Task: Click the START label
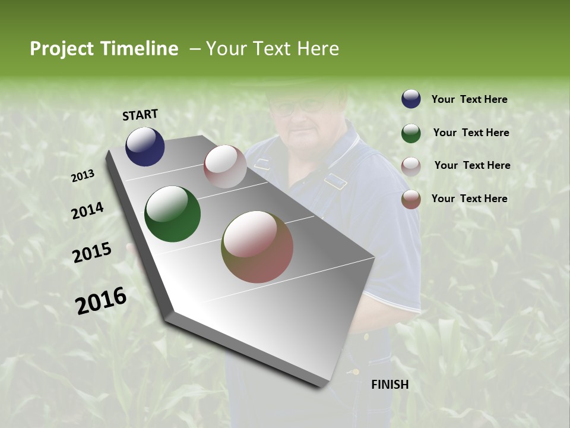(x=140, y=115)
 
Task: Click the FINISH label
(x=389, y=385)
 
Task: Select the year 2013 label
(x=83, y=176)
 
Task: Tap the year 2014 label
(x=87, y=211)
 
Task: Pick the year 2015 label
(x=91, y=253)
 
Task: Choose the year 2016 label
(x=101, y=300)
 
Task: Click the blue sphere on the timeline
(x=145, y=147)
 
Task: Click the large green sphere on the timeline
(x=172, y=214)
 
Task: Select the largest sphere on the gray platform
(x=257, y=247)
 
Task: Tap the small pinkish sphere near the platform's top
(x=225, y=166)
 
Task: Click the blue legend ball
(x=411, y=99)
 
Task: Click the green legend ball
(x=411, y=133)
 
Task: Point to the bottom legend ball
(x=411, y=199)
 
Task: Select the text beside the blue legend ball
(x=469, y=99)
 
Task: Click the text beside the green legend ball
(x=471, y=133)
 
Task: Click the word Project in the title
(x=62, y=49)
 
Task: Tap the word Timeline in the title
(x=138, y=49)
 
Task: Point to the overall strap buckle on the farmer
(x=336, y=181)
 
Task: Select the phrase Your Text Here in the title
(x=273, y=49)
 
